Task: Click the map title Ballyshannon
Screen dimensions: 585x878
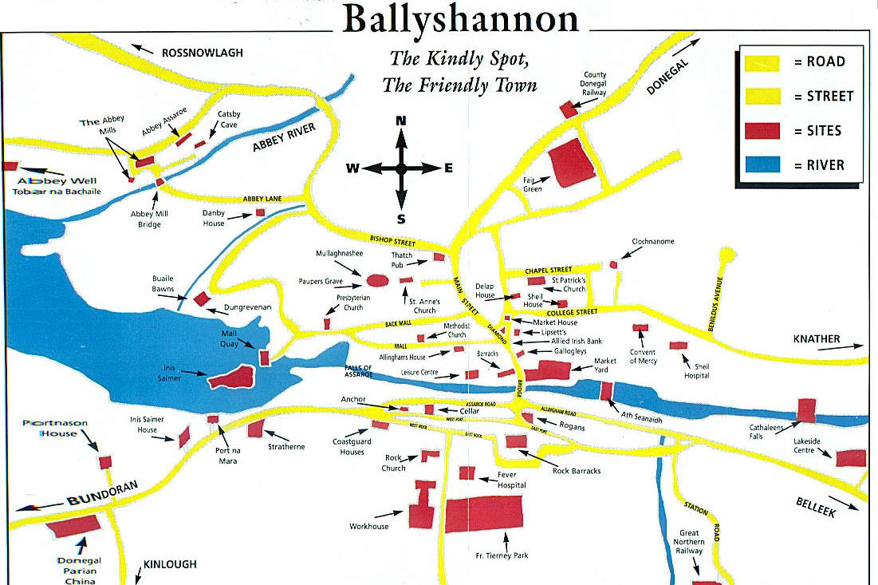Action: click(461, 19)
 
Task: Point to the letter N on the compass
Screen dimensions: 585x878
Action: click(401, 121)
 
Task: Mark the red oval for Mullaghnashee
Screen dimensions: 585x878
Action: click(377, 281)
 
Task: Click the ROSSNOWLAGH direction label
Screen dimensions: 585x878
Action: click(202, 53)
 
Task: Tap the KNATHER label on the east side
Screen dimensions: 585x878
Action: click(817, 339)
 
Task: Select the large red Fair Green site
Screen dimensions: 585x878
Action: click(573, 163)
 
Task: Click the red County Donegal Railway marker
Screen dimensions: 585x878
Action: click(568, 110)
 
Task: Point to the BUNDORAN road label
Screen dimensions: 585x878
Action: click(103, 492)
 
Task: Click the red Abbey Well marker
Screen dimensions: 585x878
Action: click(10, 166)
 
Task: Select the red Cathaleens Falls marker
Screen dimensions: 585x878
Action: click(806, 409)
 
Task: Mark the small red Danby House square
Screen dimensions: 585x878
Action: click(260, 212)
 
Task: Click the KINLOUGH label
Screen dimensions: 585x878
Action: click(170, 564)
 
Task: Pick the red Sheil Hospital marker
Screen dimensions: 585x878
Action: click(678, 346)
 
